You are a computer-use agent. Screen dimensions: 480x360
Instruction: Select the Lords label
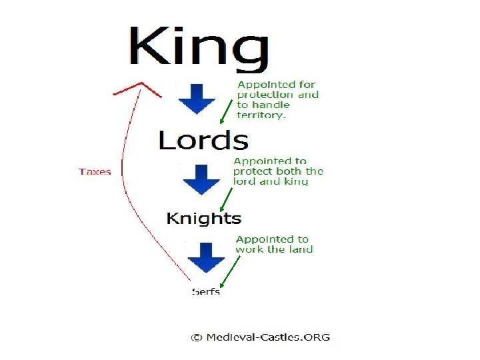203,140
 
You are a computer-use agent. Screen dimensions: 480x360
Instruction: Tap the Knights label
203,218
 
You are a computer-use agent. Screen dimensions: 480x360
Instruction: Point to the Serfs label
205,291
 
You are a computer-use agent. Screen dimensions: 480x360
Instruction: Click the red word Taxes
95,171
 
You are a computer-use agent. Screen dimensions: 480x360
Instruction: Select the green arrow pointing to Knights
227,198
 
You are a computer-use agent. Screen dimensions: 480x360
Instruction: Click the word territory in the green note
261,115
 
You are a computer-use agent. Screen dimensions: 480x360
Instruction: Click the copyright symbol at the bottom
196,337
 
